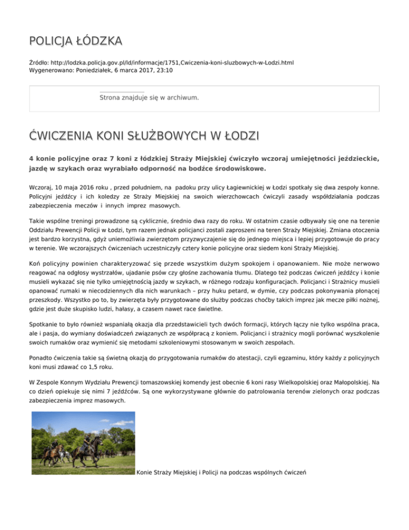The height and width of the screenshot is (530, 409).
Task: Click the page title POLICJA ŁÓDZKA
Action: point(76,41)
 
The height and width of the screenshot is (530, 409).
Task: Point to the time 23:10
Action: point(163,70)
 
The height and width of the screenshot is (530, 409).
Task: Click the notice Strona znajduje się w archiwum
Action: point(149,98)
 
